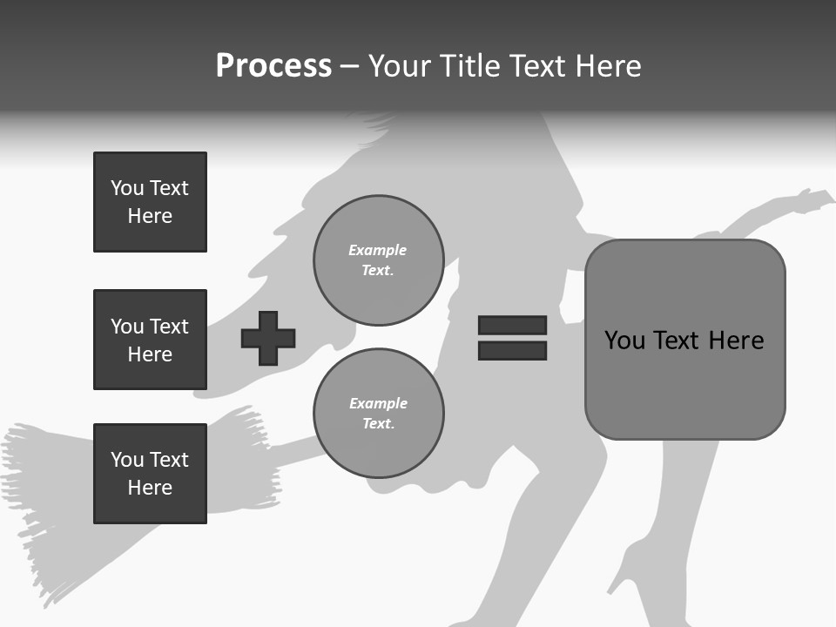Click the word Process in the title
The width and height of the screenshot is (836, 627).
(x=273, y=66)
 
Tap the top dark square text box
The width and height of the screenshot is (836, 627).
(x=150, y=202)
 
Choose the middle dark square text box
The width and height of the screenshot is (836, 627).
(x=150, y=340)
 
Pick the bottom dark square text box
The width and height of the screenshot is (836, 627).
(x=150, y=474)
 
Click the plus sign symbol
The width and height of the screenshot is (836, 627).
(x=268, y=338)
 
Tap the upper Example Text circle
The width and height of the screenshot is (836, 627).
(x=378, y=260)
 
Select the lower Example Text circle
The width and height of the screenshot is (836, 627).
(x=378, y=413)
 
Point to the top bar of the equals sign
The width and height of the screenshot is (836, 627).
(x=512, y=325)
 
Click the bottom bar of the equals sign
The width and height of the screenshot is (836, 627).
(x=512, y=350)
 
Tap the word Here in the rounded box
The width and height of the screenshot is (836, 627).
(x=736, y=340)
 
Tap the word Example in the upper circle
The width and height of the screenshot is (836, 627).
(x=378, y=250)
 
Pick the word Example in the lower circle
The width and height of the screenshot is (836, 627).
(x=378, y=403)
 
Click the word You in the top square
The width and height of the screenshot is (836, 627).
(x=127, y=188)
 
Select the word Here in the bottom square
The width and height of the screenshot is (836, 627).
(x=150, y=488)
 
